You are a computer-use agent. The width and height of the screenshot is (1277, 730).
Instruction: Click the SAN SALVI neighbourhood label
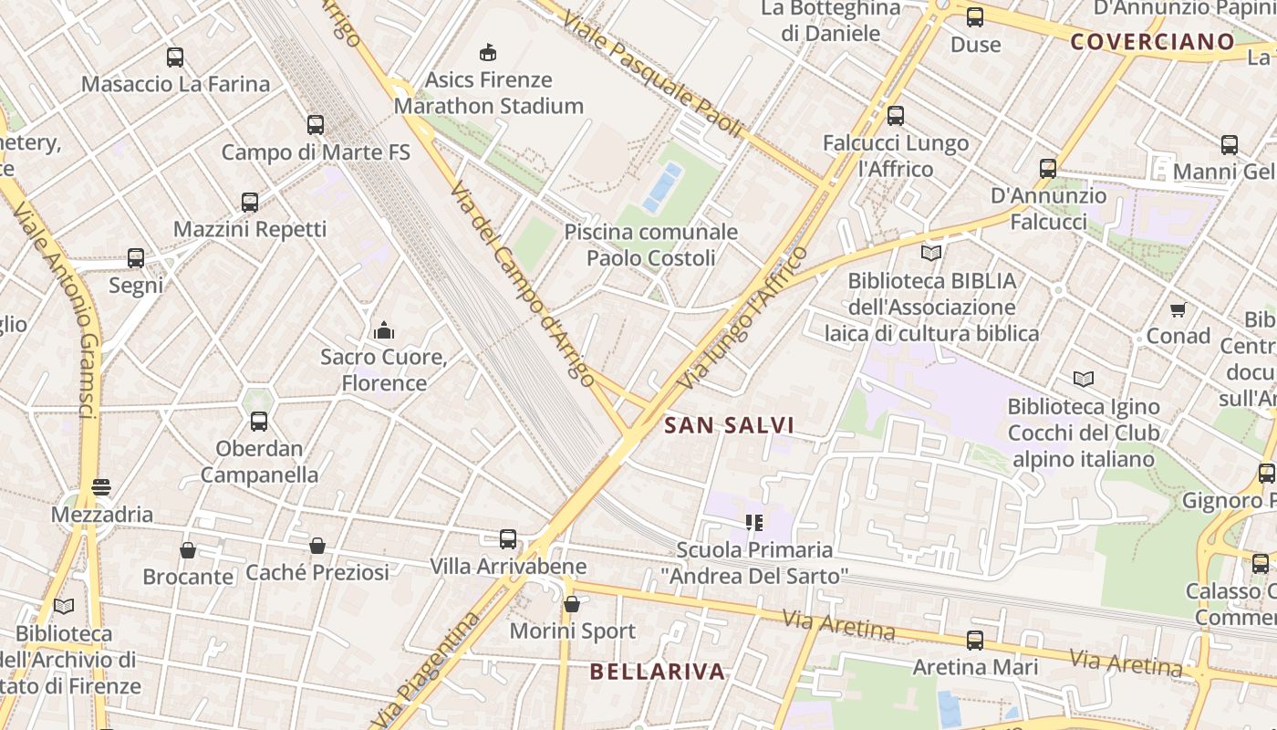coord(729,425)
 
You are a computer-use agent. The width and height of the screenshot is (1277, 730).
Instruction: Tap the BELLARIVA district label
coord(657,672)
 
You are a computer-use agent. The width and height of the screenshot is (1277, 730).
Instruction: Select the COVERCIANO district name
coord(1152,41)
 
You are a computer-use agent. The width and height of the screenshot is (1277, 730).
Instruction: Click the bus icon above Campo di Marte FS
coord(316,125)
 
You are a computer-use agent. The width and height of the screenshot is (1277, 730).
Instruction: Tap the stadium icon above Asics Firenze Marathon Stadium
coord(488,52)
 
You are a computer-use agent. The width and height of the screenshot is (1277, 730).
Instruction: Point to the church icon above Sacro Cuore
coord(384,329)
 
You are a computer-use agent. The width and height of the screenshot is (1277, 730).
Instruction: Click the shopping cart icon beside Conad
coord(1178,310)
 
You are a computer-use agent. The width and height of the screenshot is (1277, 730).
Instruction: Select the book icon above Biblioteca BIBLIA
coord(931,253)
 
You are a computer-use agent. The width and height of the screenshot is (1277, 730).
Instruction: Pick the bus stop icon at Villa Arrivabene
coord(508,539)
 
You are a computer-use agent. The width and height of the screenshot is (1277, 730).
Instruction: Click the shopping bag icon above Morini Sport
coord(572,604)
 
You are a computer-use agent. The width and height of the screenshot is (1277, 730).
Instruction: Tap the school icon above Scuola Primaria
coord(753,523)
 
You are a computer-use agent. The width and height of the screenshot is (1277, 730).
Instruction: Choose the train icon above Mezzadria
coord(101,487)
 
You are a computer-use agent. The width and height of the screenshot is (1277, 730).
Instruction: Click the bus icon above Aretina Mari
coord(975,641)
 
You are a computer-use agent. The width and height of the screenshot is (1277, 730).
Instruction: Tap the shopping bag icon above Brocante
coord(187,550)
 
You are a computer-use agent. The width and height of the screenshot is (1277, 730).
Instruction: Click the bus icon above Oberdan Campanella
coord(259,422)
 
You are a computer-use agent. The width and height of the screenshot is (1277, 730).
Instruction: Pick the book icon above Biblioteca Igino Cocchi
coord(1084,379)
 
